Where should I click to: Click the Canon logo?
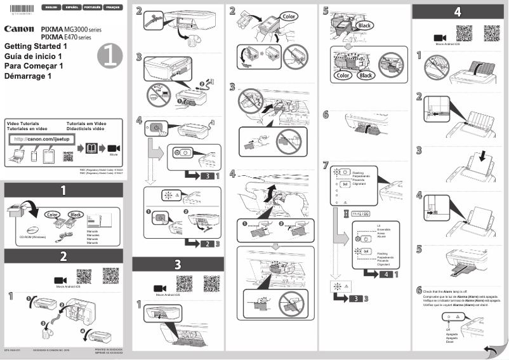19,29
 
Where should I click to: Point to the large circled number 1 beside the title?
110,57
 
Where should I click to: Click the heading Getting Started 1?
36,47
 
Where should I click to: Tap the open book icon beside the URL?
92,148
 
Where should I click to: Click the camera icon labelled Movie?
114,148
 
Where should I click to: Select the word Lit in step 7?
378,225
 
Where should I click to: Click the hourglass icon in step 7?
345,214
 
